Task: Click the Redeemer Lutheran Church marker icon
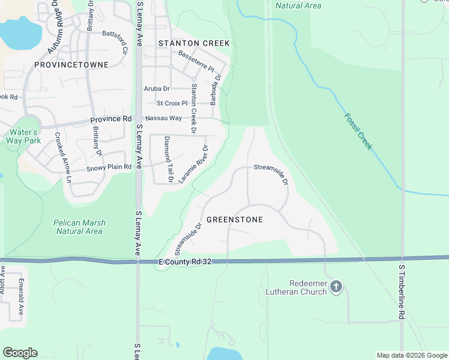pyautogui.click(x=336, y=287)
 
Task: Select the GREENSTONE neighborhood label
pyautogui.click(x=234, y=220)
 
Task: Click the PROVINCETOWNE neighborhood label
pyautogui.click(x=71, y=64)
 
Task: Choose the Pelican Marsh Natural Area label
pyautogui.click(x=79, y=227)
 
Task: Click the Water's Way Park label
pyautogui.click(x=23, y=136)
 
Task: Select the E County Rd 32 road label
pyautogui.click(x=185, y=262)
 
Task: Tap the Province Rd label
pyautogui.click(x=110, y=119)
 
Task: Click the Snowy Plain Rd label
pyautogui.click(x=108, y=167)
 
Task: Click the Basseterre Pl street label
pyautogui.click(x=196, y=61)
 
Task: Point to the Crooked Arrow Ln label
pyautogui.click(x=63, y=157)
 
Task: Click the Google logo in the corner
pyautogui.click(x=20, y=353)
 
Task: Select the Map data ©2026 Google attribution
pyautogui.click(x=412, y=355)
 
